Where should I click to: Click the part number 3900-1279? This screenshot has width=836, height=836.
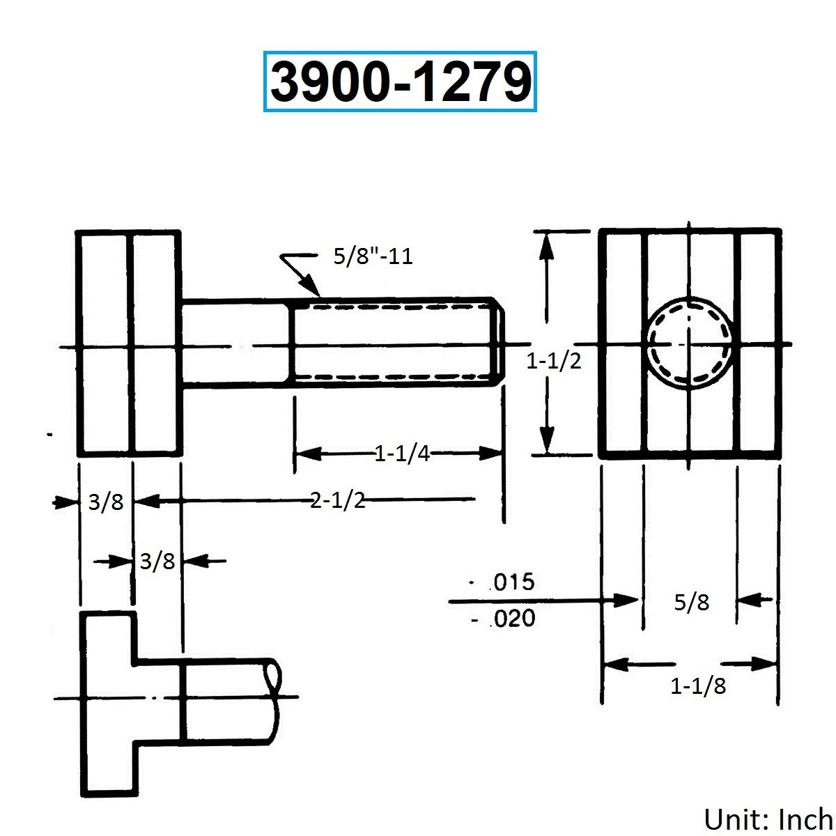400,82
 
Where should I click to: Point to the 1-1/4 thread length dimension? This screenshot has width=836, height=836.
402,454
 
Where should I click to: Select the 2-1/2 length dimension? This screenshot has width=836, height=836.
337,501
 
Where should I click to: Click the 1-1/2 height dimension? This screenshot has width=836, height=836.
554,361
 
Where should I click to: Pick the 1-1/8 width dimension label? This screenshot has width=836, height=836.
698,686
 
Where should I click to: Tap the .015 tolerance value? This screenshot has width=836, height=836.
512,582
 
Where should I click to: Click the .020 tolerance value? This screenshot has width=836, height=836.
513,618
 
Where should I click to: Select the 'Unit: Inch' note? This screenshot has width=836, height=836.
768,819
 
